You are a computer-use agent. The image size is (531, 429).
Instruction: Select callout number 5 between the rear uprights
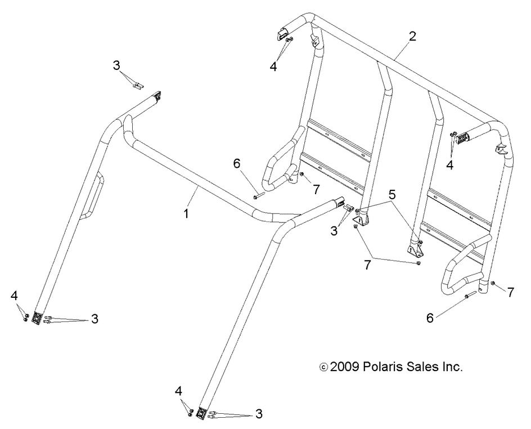point(391,195)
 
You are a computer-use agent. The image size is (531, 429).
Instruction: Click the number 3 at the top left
point(116,65)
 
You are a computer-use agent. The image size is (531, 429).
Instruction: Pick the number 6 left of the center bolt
point(236,164)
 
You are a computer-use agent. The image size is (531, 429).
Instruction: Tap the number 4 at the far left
point(15,295)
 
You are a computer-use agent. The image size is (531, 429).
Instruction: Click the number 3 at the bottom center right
point(259,414)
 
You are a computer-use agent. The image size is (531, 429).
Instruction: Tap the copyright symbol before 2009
point(323,367)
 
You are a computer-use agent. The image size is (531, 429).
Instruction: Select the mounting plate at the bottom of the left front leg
point(37,319)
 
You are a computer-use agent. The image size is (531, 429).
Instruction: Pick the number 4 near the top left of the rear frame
point(273,66)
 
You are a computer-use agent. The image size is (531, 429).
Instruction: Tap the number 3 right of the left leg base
point(94,319)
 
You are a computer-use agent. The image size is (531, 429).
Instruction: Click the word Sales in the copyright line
point(425,367)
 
